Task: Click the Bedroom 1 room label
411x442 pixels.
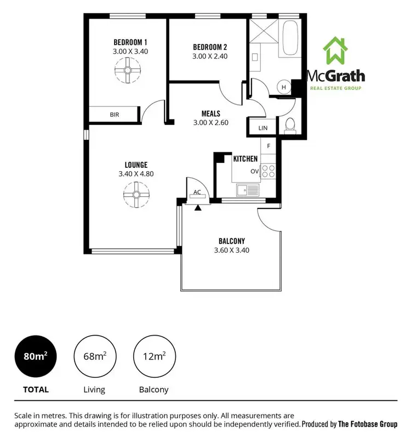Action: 130,42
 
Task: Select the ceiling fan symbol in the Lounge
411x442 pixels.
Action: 136,195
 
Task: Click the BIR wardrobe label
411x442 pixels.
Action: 115,115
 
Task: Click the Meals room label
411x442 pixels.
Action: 210,114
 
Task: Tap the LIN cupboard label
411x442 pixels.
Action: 262,128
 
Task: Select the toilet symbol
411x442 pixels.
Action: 289,125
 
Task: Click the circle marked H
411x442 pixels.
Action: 284,87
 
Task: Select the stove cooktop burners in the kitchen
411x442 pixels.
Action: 268,172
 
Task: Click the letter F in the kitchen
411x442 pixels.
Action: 269,146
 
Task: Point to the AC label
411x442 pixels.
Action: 198,192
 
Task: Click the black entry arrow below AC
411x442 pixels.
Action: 198,207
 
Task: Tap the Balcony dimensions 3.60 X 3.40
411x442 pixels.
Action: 231,251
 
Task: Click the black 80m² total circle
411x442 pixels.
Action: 35,356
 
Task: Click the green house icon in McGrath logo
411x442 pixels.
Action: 335,52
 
